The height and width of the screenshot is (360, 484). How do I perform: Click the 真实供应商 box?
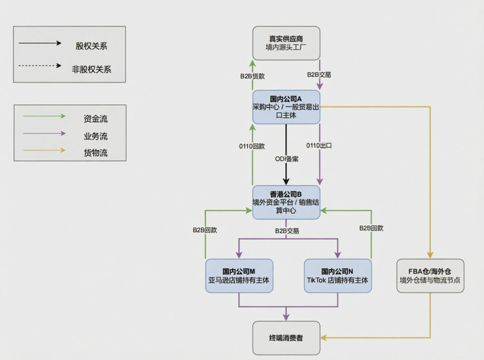(286, 43)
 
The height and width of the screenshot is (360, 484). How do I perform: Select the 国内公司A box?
(286, 107)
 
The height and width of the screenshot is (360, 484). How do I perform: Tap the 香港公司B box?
(286, 202)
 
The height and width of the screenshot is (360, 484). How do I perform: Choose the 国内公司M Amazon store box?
(239, 276)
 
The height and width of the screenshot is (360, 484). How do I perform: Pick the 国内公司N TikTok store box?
(338, 276)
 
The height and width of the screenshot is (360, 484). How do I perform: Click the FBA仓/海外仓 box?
(430, 276)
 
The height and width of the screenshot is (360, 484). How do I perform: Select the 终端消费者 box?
(286, 338)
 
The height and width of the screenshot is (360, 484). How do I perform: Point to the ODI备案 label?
(286, 159)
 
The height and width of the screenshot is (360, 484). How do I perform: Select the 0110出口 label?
(319, 145)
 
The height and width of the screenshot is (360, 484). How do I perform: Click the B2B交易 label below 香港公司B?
(287, 231)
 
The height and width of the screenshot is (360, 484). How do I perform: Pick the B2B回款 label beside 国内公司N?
(371, 228)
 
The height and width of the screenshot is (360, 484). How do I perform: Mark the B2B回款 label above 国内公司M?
(205, 230)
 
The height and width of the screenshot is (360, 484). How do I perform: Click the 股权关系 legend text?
(91, 46)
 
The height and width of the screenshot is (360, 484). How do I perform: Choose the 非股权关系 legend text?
(91, 69)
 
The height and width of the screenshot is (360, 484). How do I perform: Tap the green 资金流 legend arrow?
(44, 116)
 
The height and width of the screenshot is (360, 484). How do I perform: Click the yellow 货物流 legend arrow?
(44, 150)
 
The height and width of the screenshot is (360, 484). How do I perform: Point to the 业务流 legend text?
(95, 136)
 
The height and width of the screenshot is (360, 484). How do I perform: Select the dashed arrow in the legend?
(40, 66)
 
